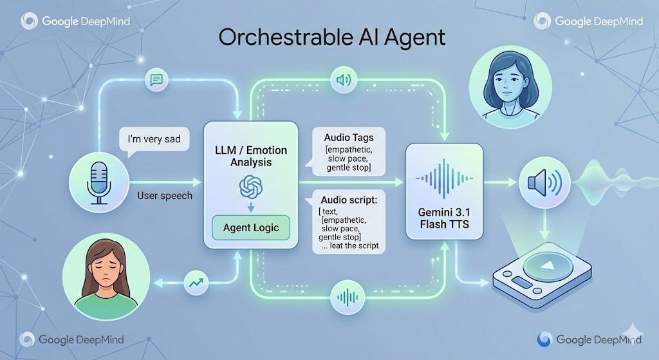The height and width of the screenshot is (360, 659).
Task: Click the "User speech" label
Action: pyautogui.click(x=165, y=195)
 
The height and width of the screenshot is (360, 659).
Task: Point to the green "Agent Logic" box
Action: pyautogui.click(x=251, y=227)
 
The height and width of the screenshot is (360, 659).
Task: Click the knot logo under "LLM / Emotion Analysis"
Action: pyautogui.click(x=251, y=187)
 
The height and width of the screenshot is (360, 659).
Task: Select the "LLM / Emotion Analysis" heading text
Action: pyautogui.click(x=251, y=156)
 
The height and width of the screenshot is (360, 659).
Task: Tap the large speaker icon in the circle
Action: pyautogui.click(x=544, y=182)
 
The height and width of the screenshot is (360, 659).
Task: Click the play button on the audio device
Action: pyautogui.click(x=545, y=267)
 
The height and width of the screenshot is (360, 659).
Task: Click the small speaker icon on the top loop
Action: pyautogui.click(x=342, y=81)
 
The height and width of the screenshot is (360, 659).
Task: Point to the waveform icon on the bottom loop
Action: pyautogui.click(x=347, y=297)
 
